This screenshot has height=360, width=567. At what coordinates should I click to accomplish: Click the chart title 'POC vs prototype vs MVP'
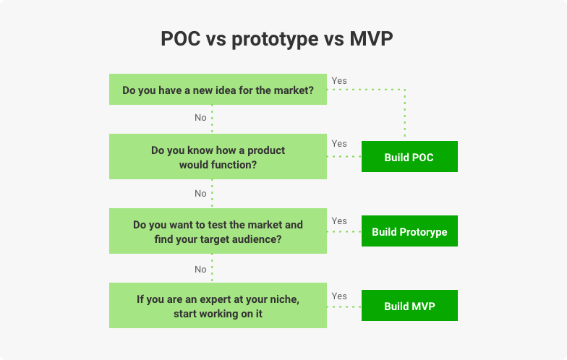pyautogui.click(x=276, y=39)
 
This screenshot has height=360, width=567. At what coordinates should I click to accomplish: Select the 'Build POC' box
pyautogui.click(x=409, y=156)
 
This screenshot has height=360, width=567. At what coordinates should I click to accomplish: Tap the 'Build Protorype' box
pyautogui.click(x=409, y=231)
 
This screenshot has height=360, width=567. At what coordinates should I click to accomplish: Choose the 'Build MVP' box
pyautogui.click(x=409, y=305)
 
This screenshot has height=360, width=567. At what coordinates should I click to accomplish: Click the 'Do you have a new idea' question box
pyautogui.click(x=218, y=90)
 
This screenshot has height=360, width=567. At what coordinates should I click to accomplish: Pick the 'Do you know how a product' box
pyautogui.click(x=218, y=156)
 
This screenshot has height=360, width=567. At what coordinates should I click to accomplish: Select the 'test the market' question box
pyautogui.click(x=218, y=231)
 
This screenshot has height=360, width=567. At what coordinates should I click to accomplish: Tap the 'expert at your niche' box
pyautogui.click(x=218, y=305)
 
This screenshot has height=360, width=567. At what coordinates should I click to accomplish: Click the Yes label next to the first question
pyautogui.click(x=339, y=81)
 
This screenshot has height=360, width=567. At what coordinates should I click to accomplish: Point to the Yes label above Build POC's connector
pyautogui.click(x=339, y=143)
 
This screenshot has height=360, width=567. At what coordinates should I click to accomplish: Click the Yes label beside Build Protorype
pyautogui.click(x=339, y=221)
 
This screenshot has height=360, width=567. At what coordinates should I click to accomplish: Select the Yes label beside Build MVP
pyautogui.click(x=339, y=296)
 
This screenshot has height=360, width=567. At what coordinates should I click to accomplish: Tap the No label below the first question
pyautogui.click(x=200, y=117)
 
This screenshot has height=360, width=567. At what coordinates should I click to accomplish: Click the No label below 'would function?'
pyautogui.click(x=200, y=194)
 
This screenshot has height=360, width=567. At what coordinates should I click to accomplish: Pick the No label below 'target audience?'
pyautogui.click(x=200, y=269)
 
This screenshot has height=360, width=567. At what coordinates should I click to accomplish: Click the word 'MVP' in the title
pyautogui.click(x=371, y=38)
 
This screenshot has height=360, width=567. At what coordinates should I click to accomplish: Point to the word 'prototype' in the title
pyautogui.click(x=275, y=40)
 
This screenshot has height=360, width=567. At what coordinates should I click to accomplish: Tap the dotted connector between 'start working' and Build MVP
pyautogui.click(x=344, y=307)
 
